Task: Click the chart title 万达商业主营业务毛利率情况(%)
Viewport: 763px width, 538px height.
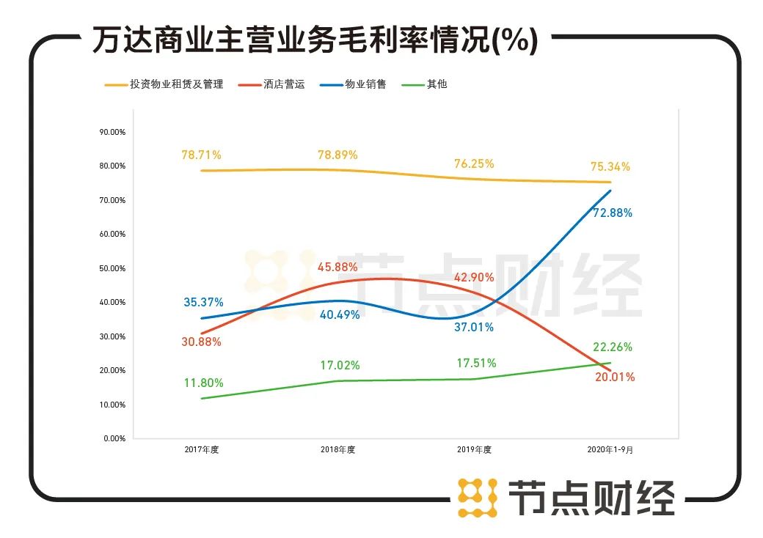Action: pyautogui.click(x=315, y=40)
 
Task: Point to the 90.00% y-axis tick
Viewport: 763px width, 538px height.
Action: pyautogui.click(x=112, y=132)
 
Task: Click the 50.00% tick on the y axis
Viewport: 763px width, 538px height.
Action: pyautogui.click(x=112, y=268)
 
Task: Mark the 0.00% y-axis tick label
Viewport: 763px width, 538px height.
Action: pyautogui.click(x=114, y=438)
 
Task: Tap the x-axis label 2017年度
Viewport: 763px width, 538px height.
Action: pyautogui.click(x=202, y=450)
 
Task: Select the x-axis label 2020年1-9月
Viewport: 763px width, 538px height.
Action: pyautogui.click(x=610, y=450)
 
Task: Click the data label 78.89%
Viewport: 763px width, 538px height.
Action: pyautogui.click(x=337, y=155)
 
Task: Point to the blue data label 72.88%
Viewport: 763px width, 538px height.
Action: pyautogui.click(x=612, y=213)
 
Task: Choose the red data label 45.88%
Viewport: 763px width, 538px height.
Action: pyautogui.click(x=337, y=268)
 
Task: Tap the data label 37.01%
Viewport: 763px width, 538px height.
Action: pyautogui.click(x=473, y=328)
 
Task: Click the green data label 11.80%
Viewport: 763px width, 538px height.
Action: pyautogui.click(x=204, y=383)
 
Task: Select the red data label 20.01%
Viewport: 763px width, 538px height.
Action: pyautogui.click(x=615, y=377)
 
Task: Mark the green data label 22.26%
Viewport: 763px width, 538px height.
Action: pyautogui.click(x=612, y=347)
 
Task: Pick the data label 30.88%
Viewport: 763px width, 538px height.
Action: pyautogui.click(x=201, y=342)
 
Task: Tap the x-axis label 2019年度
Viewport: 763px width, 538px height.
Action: pyautogui.click(x=474, y=450)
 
